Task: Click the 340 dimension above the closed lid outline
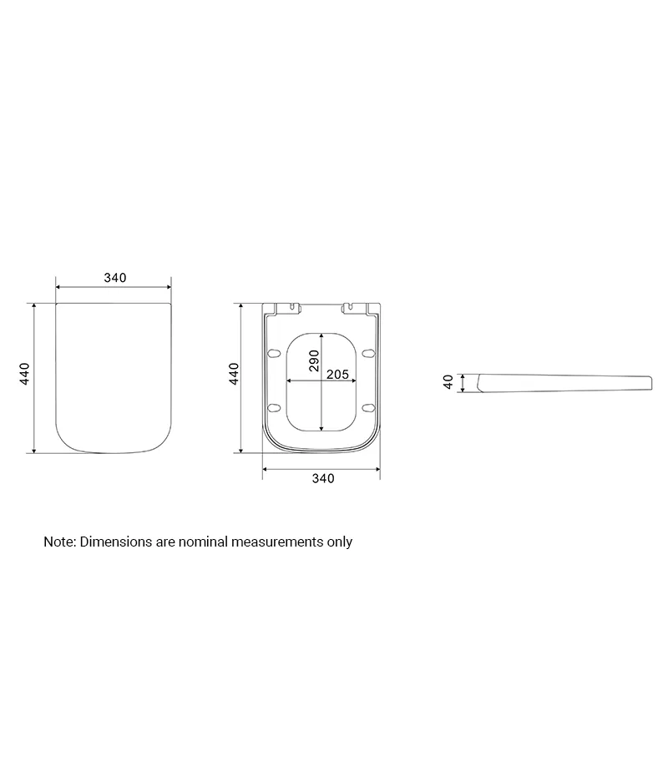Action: coord(114,278)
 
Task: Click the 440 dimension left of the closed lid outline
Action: coord(24,374)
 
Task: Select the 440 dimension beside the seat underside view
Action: coord(234,374)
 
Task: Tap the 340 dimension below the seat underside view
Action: coord(323,478)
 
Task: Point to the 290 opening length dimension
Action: coord(314,360)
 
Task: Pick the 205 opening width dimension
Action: coord(337,374)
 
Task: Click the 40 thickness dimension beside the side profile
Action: coord(448,382)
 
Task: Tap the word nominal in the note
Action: coord(203,542)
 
